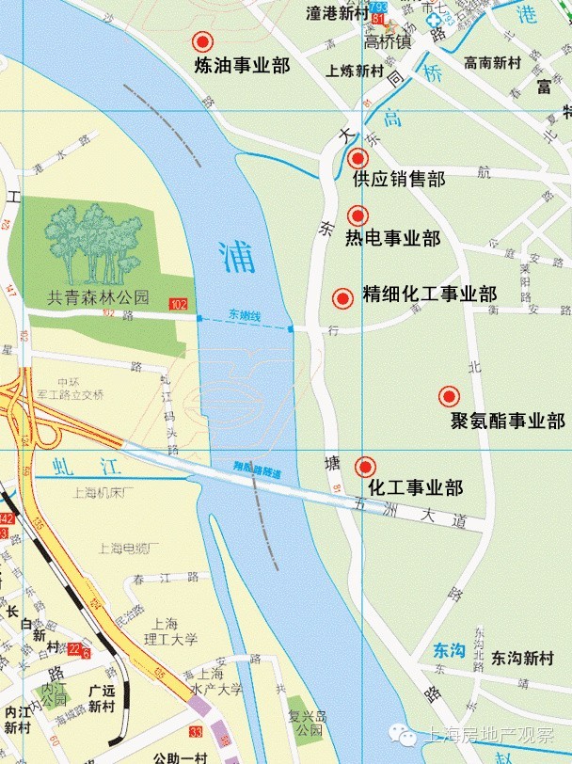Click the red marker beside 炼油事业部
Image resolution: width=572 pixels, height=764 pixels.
(201, 42)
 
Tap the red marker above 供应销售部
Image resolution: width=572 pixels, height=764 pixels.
(357, 158)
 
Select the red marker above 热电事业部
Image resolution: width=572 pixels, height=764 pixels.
(357, 215)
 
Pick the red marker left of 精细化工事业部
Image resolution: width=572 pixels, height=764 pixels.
(342, 298)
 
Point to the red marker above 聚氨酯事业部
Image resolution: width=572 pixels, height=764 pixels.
(449, 396)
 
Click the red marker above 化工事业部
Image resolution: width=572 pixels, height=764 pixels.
(365, 466)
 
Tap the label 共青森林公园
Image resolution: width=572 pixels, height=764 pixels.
(98, 297)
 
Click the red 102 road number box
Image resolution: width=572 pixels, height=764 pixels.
(178, 304)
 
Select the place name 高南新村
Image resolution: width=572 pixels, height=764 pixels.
(492, 63)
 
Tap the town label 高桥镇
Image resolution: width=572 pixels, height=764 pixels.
(388, 42)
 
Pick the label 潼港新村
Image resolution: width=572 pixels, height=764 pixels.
(339, 14)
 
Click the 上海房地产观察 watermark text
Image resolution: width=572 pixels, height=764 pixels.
(489, 736)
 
